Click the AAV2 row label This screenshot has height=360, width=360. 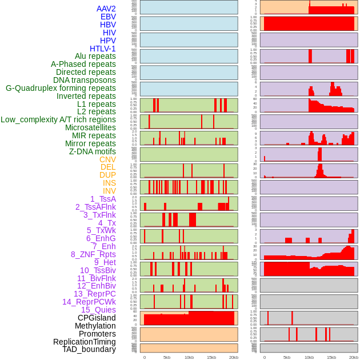click(106, 9)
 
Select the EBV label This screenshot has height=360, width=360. click(108, 17)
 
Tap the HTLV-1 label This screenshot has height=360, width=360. click(103, 49)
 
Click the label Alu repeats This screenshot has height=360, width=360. click(95, 56)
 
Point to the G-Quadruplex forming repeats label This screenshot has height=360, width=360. click(61, 88)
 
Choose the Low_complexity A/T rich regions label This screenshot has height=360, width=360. click(58, 119)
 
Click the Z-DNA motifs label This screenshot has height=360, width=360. click(93, 151)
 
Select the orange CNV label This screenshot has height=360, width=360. click(107, 159)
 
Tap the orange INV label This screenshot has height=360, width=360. click(109, 191)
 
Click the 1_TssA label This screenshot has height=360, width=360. click(103, 199)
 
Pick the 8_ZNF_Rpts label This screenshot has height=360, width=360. click(93, 254)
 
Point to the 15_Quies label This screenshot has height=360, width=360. click(98, 310)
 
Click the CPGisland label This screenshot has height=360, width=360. click(97, 318)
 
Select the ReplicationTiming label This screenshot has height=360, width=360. click(85, 342)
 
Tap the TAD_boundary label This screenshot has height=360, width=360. click(89, 349)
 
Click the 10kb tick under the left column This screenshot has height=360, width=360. click(189, 357)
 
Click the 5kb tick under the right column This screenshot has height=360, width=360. click(287, 357)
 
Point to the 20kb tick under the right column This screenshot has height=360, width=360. click(354, 357)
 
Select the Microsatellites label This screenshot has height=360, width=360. click(90, 127)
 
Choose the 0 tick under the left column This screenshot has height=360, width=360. click(144, 357)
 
